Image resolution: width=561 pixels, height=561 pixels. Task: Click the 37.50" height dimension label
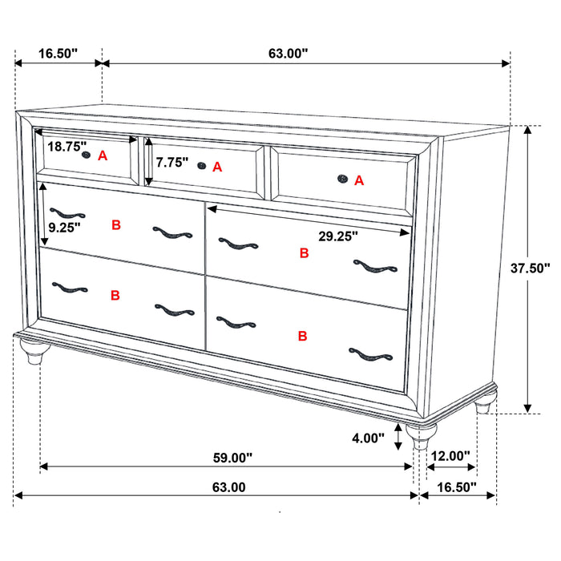pyautogui.click(x=531, y=269)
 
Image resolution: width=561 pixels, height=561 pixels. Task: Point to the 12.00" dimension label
pyautogui.click(x=450, y=456)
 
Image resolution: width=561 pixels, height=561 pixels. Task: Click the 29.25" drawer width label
pyautogui.click(x=337, y=236)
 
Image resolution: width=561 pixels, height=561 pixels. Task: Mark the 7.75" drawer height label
pyautogui.click(x=172, y=163)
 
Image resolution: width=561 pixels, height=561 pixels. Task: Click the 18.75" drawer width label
pyautogui.click(x=67, y=147)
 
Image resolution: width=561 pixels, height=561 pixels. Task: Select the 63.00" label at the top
pyautogui.click(x=289, y=54)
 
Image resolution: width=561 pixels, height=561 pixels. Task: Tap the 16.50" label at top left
pyautogui.click(x=58, y=54)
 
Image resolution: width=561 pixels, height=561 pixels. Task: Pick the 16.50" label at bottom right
pyautogui.click(x=455, y=486)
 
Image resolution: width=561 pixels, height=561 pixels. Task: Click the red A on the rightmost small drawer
pyautogui.click(x=359, y=181)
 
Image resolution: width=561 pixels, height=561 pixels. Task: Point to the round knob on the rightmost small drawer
pyautogui.click(x=342, y=180)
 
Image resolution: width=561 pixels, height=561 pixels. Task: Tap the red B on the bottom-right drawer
pyautogui.click(x=302, y=336)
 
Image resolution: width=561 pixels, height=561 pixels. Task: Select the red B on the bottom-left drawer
pyautogui.click(x=115, y=295)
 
